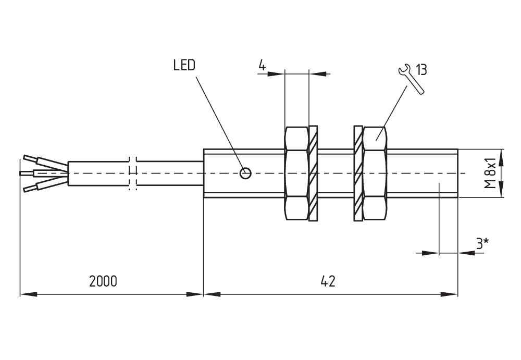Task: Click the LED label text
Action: point(184,65)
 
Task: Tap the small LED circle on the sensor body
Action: point(245,173)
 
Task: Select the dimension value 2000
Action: point(103,281)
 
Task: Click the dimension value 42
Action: point(328,281)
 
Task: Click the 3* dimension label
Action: point(482,244)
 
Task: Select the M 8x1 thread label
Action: point(490,173)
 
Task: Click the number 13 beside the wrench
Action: point(421,70)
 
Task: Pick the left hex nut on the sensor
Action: point(296,173)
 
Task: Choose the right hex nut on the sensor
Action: point(375,173)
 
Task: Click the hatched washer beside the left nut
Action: point(313,173)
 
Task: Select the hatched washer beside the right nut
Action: point(358,173)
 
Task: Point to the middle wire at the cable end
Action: point(44,173)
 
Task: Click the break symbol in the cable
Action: point(132,173)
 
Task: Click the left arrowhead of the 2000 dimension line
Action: point(29,294)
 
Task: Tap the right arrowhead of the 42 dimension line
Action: point(449,294)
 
